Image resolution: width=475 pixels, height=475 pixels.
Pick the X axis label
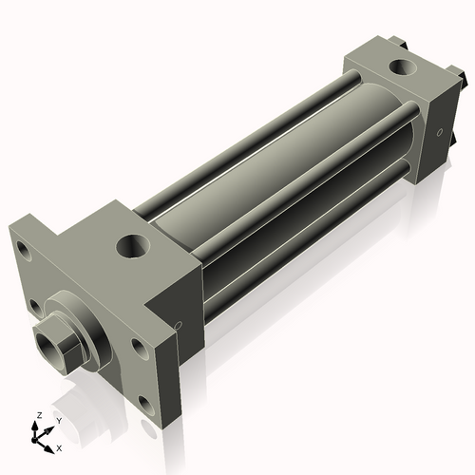(x=60, y=446)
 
